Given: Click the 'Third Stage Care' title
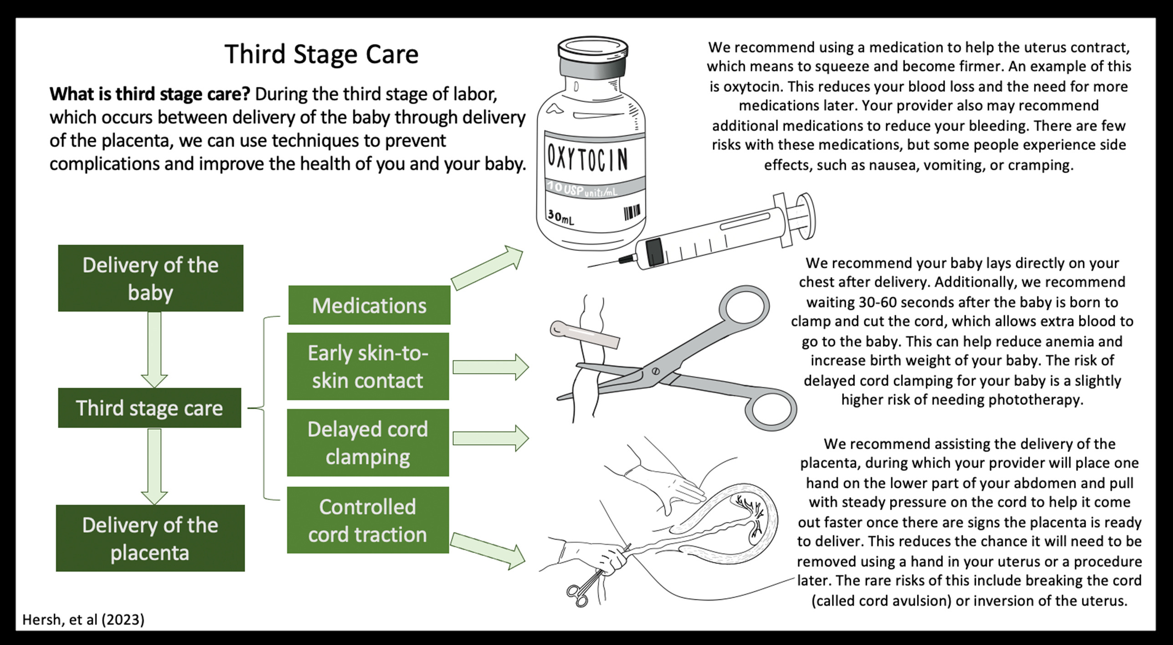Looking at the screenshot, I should (321, 54).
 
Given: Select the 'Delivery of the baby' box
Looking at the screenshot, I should (150, 278).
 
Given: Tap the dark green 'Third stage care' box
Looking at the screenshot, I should (149, 408).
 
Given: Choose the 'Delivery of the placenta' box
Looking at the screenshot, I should (150, 538).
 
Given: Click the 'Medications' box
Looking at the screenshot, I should (369, 305).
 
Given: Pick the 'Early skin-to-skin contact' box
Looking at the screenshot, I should (368, 366).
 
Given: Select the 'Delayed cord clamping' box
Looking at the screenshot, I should (368, 442).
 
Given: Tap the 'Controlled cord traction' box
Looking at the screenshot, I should (368, 520).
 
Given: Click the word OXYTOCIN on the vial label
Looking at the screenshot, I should (588, 158).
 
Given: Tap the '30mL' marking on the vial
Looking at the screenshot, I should (561, 217).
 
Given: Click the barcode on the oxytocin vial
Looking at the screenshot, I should (632, 212).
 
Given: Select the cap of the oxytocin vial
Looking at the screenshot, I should (592, 57).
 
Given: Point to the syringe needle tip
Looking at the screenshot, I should (589, 266).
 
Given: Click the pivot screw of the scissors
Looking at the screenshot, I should (656, 371).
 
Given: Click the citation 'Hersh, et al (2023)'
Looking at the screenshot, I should (83, 619).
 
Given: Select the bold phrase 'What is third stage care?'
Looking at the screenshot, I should (149, 94).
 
